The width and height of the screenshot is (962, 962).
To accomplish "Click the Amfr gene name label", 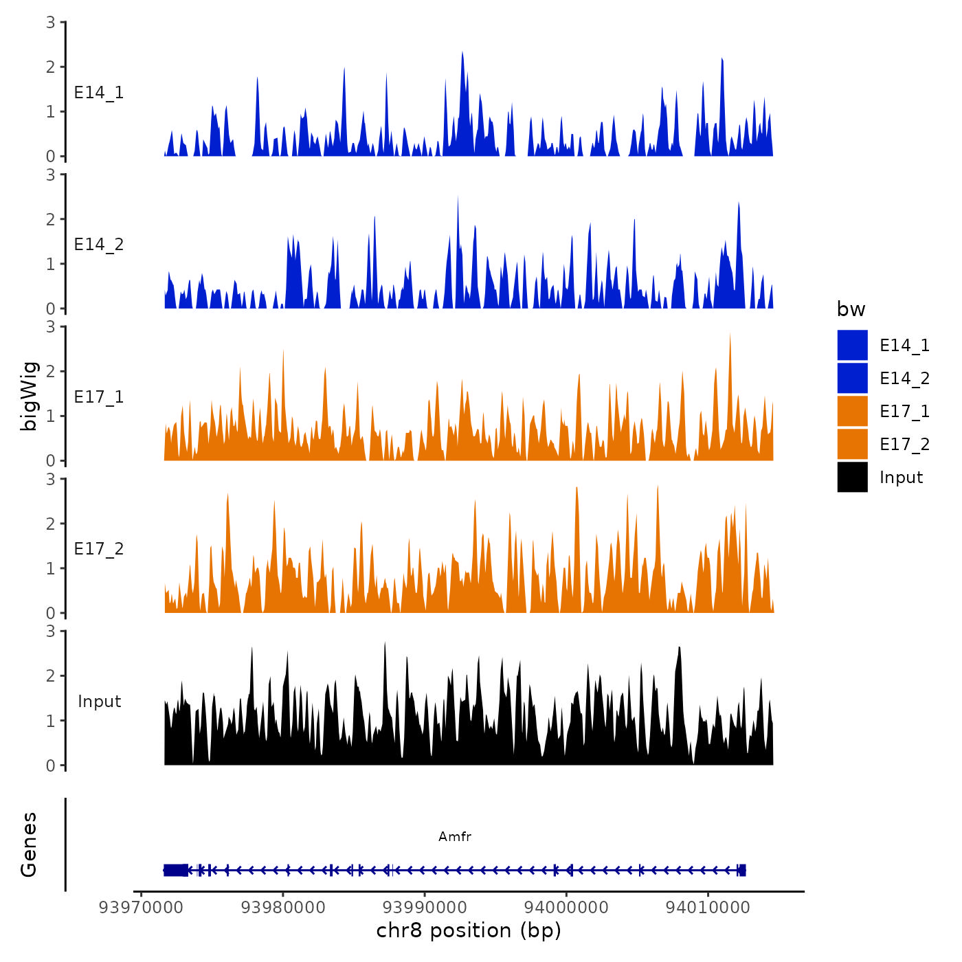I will [455, 836].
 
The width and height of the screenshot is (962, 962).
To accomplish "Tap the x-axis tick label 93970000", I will [141, 907].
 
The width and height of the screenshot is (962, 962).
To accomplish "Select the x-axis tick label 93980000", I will [282, 907].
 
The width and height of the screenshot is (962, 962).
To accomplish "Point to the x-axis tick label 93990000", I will [425, 907].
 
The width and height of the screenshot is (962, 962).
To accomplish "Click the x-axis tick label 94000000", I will [566, 907].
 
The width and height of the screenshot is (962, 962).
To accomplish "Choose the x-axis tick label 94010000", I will [708, 907].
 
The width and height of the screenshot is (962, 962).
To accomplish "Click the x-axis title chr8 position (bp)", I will [469, 930].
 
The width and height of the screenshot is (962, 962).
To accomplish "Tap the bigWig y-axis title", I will [29, 396].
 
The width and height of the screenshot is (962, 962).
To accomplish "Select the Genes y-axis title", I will [29, 844].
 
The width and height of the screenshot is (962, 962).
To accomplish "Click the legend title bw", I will [851, 309].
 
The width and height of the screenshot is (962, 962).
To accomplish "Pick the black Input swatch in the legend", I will [852, 477].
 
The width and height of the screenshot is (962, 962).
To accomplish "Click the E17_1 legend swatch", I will [852, 411].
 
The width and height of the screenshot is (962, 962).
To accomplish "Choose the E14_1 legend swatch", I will [852, 345].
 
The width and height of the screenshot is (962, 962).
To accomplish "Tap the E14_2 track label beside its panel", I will [99, 245].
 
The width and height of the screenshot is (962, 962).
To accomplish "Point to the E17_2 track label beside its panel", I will [99, 548].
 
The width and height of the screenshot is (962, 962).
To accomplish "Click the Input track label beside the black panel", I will [99, 701].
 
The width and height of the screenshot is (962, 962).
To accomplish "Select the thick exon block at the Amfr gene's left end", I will [176, 870].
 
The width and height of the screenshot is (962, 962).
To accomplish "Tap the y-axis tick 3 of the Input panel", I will [51, 631].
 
